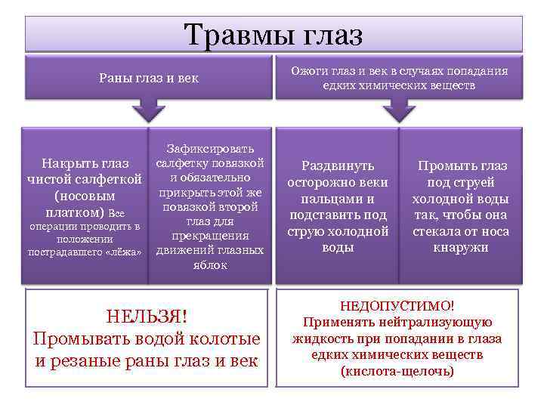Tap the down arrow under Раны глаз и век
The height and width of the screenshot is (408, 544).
150,113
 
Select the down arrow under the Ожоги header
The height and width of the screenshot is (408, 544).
398,113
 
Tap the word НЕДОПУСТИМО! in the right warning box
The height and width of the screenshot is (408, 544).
397,306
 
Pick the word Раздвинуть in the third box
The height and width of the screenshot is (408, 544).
338,165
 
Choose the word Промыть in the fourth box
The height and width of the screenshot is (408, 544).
444,166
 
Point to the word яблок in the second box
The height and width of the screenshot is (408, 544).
210,265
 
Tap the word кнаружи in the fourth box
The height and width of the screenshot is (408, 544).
460,248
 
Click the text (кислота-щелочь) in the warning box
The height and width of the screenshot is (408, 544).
397,371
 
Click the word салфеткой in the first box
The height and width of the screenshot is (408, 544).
110,180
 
